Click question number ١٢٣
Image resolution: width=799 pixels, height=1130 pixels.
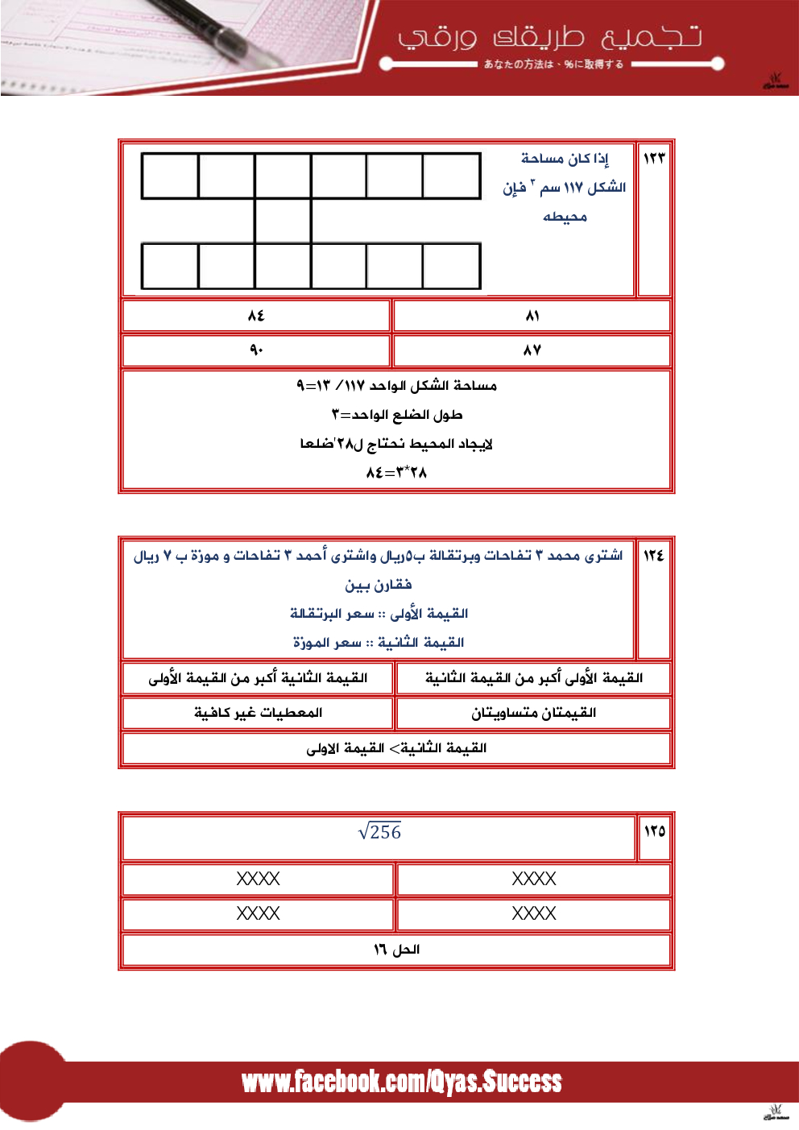point(654,158)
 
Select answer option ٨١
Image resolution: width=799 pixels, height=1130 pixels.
point(532,316)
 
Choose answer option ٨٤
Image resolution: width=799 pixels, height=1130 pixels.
point(256,316)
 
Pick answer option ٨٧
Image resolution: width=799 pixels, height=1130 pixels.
point(532,350)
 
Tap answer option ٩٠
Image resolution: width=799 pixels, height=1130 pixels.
point(256,350)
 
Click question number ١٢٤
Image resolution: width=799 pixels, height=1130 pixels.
point(653,555)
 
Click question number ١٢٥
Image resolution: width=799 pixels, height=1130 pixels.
point(654,831)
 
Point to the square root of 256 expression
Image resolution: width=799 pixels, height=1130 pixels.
point(379,832)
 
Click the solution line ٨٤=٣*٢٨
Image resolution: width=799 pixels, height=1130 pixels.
point(396,473)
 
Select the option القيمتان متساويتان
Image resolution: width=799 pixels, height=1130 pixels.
point(533,713)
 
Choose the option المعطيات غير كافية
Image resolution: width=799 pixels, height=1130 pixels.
point(258,713)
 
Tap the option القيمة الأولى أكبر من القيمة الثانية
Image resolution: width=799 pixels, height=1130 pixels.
point(533,678)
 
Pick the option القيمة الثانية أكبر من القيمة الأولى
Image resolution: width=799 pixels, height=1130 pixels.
point(258,678)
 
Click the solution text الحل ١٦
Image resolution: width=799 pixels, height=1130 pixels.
point(396,950)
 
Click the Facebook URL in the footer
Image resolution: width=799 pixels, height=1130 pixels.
point(401,1082)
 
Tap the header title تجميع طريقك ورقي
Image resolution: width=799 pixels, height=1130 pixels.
point(549,37)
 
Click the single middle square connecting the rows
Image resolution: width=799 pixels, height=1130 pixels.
point(283,221)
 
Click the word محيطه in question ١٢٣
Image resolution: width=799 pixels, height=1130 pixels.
point(565,217)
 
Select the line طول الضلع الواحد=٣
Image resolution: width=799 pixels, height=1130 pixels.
point(396,415)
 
